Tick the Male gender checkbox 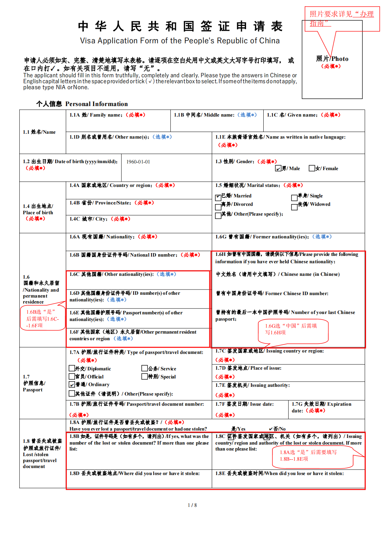point(278,168)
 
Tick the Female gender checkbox point(312,168)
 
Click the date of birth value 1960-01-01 point(138,162)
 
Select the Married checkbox point(218,198)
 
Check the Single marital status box point(294,198)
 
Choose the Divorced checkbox point(218,207)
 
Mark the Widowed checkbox point(294,207)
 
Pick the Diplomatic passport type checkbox point(72,368)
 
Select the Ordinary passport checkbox point(72,384)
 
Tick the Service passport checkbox point(144,368)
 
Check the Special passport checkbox point(144,376)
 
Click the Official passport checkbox point(72,376)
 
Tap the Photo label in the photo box point(332,59)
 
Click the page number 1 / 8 point(192,505)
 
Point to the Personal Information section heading point(82,104)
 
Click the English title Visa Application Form point(180,41)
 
